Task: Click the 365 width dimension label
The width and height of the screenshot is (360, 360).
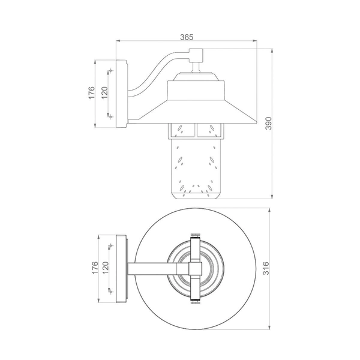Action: pos(187,37)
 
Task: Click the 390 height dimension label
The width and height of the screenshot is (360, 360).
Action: pos(268,123)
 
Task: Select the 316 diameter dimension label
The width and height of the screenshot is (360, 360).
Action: pos(266,268)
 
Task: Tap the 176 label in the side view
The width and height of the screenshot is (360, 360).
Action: pos(91,93)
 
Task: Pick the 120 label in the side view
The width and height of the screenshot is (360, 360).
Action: pos(104,93)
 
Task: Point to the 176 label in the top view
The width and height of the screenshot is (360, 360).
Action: pos(95,268)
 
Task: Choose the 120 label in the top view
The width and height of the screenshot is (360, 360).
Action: pos(105,268)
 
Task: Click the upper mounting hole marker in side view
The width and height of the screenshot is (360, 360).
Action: pos(111,70)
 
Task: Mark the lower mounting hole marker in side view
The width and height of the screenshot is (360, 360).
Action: pos(111,117)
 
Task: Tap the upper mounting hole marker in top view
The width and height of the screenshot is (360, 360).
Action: pos(111,245)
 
